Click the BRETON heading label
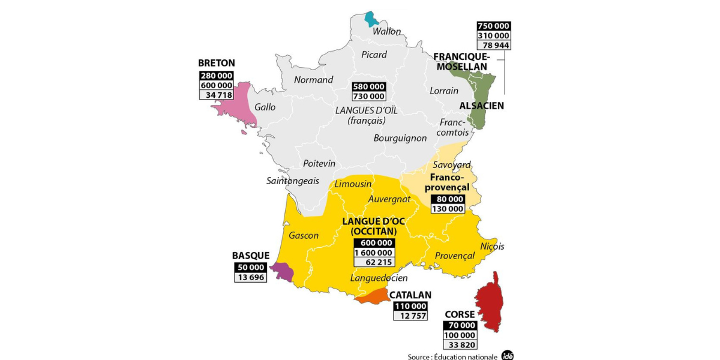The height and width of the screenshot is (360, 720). pos(217,62)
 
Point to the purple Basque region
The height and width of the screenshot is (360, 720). pos(283,272)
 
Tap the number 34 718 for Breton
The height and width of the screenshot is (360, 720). pos(217,95)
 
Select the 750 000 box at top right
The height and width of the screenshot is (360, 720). pos(493,26)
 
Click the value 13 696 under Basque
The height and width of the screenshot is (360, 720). pos(250,277)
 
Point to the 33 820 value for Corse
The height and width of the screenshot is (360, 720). pos(460,344)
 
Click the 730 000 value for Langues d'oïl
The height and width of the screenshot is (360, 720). pos(368,96)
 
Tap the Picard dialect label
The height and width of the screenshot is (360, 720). pos(374,55)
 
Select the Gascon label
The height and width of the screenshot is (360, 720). pos(304,235)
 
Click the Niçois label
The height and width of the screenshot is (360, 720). pos(492,246)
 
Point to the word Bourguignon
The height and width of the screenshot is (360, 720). pos(400,138)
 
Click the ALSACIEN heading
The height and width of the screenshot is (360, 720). pos(481,106)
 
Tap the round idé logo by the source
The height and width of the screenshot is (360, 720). pos(508,355)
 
